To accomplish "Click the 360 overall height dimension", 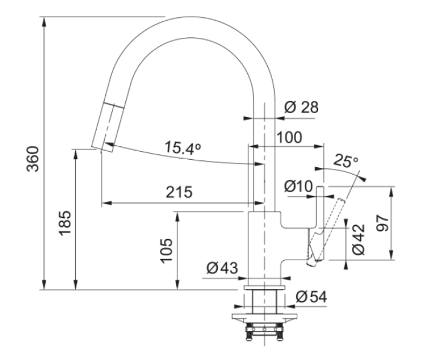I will [33, 159].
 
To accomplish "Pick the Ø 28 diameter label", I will [301, 107].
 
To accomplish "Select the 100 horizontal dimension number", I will [289, 137].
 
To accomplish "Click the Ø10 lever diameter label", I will [297, 186].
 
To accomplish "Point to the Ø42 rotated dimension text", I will [358, 239].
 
